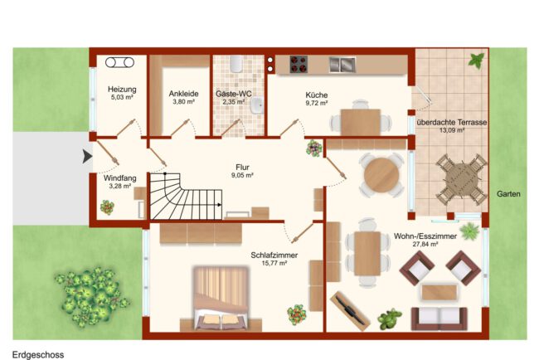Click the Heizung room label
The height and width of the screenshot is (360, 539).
click(x=122, y=90)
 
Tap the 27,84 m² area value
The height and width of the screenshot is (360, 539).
click(x=425, y=245)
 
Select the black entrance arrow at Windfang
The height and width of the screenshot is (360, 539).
click(x=88, y=157)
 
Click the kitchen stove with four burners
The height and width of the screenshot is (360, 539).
click(x=299, y=65)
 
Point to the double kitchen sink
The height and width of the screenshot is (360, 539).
click(x=342, y=65)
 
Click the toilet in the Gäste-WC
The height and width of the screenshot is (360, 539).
click(x=236, y=64)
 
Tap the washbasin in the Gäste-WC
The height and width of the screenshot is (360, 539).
click(x=257, y=105)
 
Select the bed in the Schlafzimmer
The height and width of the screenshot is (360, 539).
click(x=221, y=298)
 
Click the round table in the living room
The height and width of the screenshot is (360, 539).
click(x=381, y=175)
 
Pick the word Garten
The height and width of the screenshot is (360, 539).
click(x=508, y=194)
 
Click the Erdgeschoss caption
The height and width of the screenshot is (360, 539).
click(x=38, y=354)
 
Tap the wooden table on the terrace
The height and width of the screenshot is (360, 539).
click(x=461, y=179)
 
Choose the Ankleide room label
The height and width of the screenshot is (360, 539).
click(x=183, y=94)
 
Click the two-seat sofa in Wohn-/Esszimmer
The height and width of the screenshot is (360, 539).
click(x=439, y=319)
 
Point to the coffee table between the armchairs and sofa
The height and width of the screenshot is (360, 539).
click(x=439, y=292)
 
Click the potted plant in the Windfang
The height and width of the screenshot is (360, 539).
click(x=107, y=207)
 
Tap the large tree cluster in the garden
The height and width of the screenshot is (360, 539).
click(x=90, y=296)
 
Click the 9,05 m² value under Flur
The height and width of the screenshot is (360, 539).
click(x=242, y=175)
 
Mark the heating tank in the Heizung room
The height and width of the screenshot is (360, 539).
click(x=119, y=62)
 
